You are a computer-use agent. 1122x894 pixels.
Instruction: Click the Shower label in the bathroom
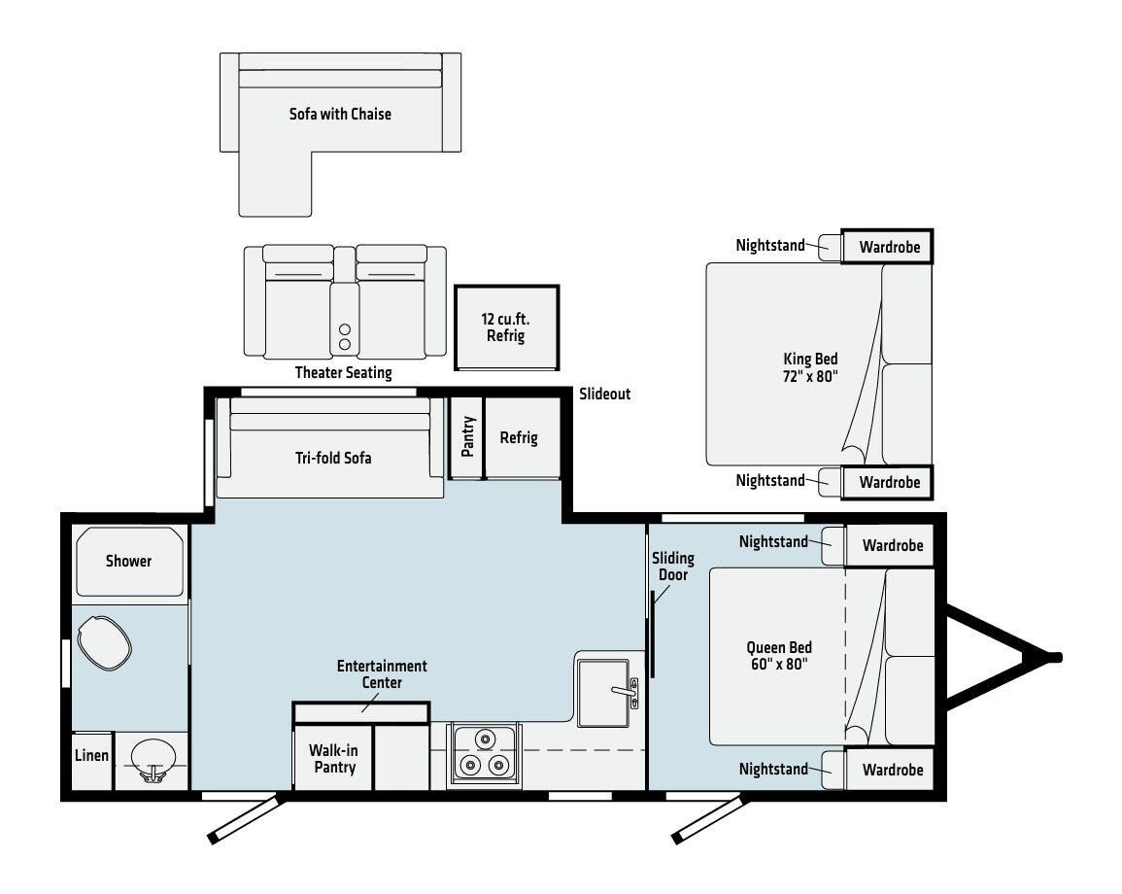point(128,561)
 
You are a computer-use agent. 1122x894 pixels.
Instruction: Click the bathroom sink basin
point(153,756)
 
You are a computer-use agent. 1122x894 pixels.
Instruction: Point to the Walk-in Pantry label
point(332,759)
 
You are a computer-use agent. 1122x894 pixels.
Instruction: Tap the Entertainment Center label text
point(382,674)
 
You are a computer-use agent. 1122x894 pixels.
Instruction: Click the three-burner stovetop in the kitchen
point(485,753)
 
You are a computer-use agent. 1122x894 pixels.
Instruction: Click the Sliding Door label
point(672,566)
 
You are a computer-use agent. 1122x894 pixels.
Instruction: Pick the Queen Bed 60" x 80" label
point(779,656)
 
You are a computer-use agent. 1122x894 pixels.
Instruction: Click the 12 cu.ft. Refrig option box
point(505,327)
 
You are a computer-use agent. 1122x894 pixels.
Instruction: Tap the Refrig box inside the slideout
point(518,437)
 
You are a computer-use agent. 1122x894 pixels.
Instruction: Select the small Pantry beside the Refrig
point(466,437)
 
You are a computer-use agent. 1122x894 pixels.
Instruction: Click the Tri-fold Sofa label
point(333,458)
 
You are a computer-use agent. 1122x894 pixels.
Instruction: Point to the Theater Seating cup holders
point(344,336)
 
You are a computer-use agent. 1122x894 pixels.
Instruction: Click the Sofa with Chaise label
point(340,114)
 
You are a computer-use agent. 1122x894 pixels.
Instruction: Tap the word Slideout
point(604,394)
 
